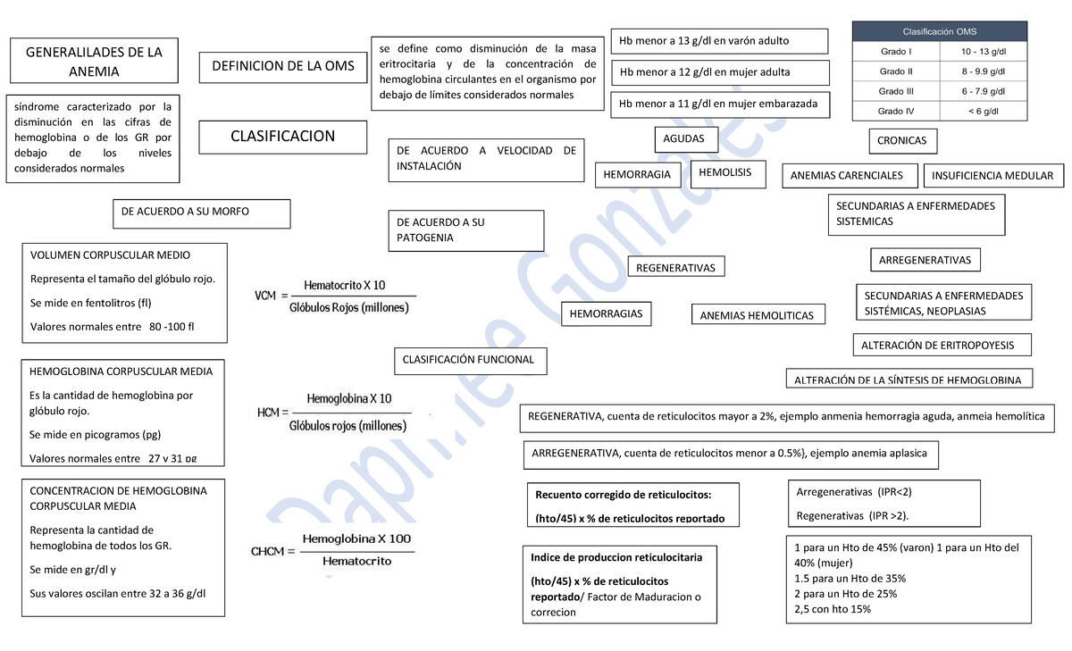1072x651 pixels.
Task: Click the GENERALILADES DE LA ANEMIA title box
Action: click(93, 61)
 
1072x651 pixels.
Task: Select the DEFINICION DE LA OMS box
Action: click(282, 66)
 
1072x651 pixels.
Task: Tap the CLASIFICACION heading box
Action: click(282, 137)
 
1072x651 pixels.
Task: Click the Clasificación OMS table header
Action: click(951, 31)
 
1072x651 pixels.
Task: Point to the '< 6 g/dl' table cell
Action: click(983, 112)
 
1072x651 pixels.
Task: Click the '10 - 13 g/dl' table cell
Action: click(983, 52)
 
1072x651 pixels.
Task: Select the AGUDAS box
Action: click(684, 138)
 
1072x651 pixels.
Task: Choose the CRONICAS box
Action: click(901, 140)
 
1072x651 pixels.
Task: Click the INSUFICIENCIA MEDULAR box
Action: click(992, 176)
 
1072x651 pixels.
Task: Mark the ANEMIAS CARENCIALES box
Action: click(847, 176)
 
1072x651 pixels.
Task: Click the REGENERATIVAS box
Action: click(675, 268)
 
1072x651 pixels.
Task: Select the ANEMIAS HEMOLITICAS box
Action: click(757, 315)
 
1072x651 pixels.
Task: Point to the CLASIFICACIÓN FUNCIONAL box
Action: click(469, 360)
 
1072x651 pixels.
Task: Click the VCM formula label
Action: click(265, 296)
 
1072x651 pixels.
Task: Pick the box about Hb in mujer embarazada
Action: click(719, 104)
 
